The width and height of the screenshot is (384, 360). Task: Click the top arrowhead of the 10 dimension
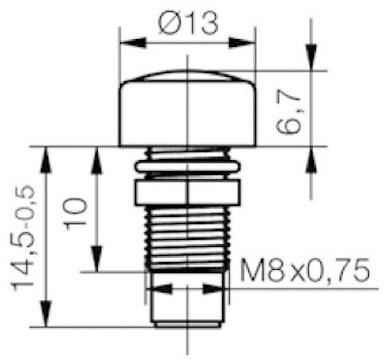[98, 153]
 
